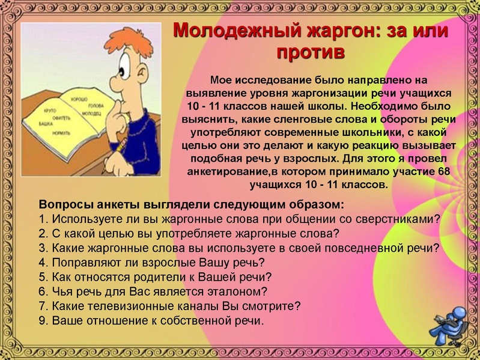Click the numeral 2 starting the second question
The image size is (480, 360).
(41, 233)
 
